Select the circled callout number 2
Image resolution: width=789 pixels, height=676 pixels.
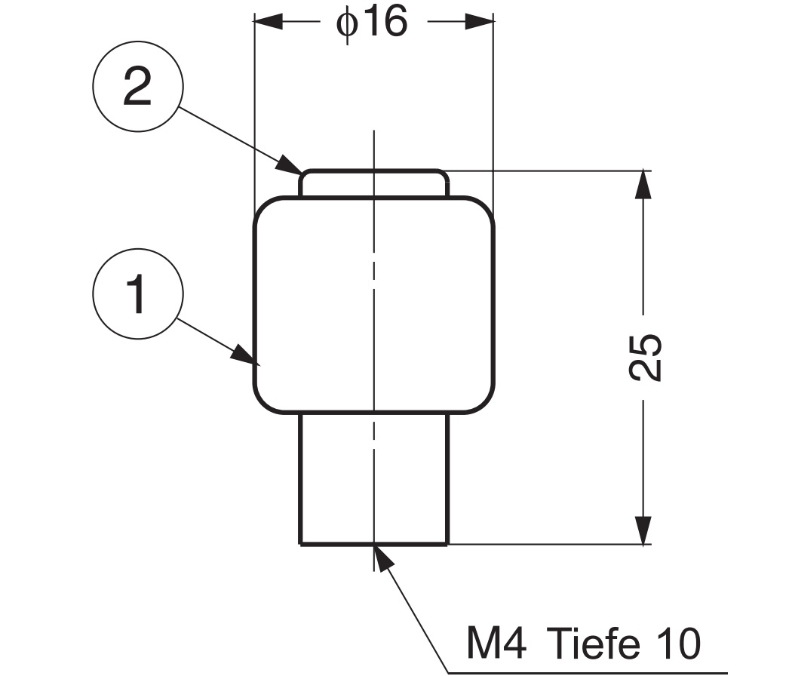click(x=137, y=91)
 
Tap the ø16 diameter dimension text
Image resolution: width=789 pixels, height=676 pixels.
click(x=372, y=23)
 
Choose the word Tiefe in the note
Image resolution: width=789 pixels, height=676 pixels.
click(x=591, y=644)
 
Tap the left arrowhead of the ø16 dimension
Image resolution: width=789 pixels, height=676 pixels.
click(x=268, y=22)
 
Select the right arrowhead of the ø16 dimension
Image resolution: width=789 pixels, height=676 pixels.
click(x=480, y=22)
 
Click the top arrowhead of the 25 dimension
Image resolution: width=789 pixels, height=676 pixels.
click(x=643, y=184)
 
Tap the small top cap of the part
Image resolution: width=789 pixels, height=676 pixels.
click(x=374, y=183)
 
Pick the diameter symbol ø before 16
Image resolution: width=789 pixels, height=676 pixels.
click(x=346, y=23)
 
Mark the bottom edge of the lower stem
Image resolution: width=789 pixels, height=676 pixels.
click(x=374, y=542)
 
